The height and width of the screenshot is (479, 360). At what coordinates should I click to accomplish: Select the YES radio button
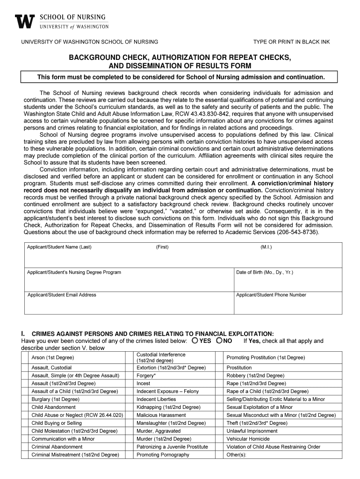tap(194, 341)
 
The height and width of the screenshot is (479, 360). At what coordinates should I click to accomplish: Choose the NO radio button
tap(219, 341)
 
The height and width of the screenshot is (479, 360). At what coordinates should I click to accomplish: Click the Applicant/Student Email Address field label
tap(62, 295)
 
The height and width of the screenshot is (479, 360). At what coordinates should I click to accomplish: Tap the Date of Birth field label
tap(265, 272)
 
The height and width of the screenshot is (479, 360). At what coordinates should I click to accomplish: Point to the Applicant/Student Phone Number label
tap(271, 295)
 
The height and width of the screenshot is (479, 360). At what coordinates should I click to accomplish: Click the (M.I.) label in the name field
tap(266, 247)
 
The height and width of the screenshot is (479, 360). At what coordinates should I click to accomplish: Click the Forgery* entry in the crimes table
tap(146, 376)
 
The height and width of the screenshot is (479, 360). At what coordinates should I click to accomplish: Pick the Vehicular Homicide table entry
tap(248, 439)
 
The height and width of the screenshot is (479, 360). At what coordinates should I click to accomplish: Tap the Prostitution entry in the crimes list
tap(239, 368)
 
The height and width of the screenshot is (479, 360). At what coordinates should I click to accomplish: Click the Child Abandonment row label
tap(53, 407)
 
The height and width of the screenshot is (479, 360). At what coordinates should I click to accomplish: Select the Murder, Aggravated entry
tap(158, 431)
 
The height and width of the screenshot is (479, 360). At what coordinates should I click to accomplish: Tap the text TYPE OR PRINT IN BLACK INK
tap(291, 42)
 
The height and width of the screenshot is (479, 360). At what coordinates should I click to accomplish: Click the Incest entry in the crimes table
tap(144, 384)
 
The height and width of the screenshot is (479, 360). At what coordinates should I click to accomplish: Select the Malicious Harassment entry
tap(161, 415)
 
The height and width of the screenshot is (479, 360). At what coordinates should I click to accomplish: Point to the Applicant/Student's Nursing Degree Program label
tap(74, 272)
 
